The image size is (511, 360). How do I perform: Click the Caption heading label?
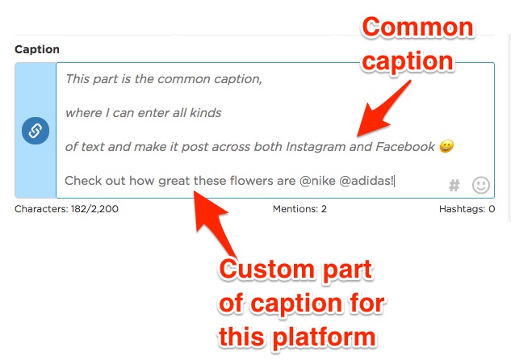coord(37,49)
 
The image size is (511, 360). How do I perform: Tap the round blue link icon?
coord(36,131)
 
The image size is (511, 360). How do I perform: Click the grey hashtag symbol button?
coord(454,186)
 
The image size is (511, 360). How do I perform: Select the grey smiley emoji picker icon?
coord(481,185)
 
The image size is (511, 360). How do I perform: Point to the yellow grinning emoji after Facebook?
coord(446,146)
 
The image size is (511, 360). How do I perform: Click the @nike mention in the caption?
coord(317,181)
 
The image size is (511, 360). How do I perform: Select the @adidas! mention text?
coord(366,181)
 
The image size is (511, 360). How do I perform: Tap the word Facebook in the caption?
coord(405,147)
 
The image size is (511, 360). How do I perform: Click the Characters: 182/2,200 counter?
coord(66,209)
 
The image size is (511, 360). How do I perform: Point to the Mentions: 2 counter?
coord(299,209)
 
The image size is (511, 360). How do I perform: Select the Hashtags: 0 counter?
coord(467,209)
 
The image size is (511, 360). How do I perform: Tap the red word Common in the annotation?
coord(418,27)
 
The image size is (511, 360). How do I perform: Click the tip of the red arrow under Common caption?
coord(358,136)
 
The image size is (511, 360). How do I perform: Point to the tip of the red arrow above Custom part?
coord(195,191)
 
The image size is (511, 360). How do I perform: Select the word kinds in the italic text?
coord(205,113)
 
